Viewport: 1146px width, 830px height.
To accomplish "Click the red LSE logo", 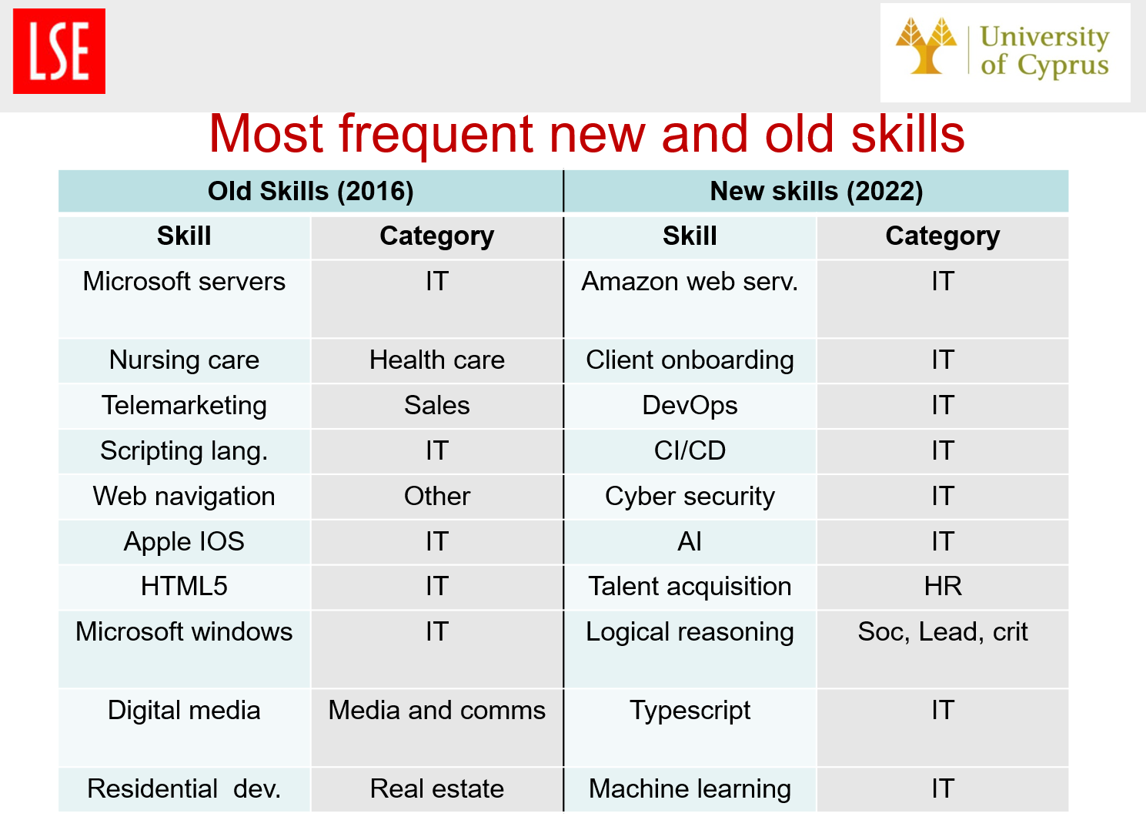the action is coord(59,51).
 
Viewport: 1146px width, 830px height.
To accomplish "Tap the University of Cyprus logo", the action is coord(1005,52).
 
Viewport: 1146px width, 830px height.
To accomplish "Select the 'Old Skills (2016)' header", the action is coord(310,192).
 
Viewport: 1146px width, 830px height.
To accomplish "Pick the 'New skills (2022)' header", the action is coord(817,192).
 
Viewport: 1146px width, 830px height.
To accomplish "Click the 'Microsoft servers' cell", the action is coord(184,299).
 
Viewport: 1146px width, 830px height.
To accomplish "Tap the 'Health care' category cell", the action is coord(437,361).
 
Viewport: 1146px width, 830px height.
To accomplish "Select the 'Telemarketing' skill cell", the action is coord(184,407).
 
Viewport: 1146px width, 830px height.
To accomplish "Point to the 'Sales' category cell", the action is coord(437,407).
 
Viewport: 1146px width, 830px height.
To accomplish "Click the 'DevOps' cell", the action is coord(690,407).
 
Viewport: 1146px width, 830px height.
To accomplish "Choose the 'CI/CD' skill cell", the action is coord(690,451).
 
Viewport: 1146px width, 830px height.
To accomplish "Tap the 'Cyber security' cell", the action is coord(690,497).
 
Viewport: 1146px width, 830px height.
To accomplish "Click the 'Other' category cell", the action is coord(437,497).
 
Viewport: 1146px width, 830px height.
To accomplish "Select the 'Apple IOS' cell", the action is coord(184,542).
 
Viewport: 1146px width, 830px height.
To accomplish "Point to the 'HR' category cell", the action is coord(943,587).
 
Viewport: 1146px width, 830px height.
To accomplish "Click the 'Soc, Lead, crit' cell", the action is coord(943,649).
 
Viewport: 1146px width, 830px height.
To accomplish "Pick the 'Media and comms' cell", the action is coord(437,728).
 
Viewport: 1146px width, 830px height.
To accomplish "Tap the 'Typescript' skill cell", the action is coord(690,728).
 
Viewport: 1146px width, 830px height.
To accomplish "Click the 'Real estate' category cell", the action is coord(437,789).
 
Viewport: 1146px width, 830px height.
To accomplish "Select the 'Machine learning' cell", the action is coord(690,789).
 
